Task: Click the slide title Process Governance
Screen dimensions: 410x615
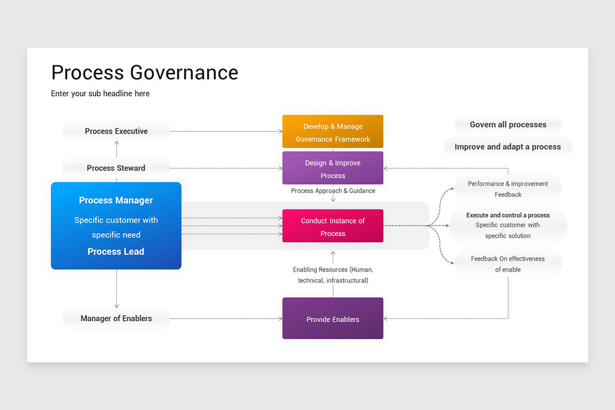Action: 145,73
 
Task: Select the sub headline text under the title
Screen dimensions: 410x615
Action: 100,93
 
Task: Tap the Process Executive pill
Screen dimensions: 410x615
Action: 116,131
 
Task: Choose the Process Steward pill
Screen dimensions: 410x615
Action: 116,168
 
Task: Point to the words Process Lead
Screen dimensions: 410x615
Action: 116,252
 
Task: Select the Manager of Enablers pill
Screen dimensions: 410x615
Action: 116,319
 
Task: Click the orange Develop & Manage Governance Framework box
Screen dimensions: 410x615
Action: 333,132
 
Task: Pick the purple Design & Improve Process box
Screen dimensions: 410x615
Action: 333,169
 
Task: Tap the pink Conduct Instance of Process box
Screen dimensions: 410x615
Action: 333,227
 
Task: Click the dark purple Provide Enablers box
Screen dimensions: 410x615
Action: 333,319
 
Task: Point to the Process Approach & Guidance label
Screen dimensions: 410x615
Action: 333,191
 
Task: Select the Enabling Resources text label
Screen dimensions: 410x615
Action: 333,275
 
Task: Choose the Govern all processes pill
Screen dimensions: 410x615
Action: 508,125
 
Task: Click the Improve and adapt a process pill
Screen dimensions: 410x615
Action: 508,147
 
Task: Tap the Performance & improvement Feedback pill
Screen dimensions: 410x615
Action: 508,189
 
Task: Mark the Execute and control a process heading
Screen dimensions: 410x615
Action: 508,215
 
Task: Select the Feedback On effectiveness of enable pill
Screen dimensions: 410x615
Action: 508,263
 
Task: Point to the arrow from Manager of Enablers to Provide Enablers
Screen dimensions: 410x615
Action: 225,319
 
